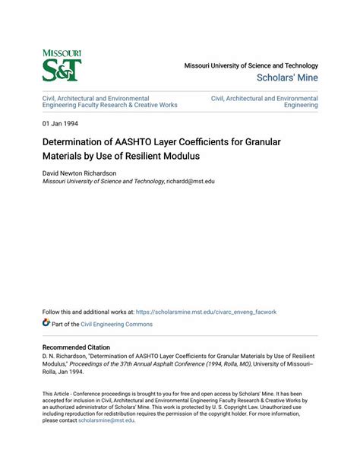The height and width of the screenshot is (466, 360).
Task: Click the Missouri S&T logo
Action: click(62, 65)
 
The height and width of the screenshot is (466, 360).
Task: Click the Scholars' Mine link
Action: click(287, 78)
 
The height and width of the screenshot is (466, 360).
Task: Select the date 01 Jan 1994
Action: click(60, 123)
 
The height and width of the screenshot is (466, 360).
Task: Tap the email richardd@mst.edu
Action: click(191, 182)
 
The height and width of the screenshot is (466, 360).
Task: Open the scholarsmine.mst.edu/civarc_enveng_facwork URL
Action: click(206, 312)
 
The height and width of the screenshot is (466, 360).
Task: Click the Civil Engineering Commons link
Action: click(112, 325)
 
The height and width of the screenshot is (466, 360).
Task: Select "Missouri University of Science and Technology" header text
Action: click(251, 65)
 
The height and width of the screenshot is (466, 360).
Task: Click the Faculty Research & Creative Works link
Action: click(129, 106)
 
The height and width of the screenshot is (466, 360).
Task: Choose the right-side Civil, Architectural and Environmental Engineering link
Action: click(264, 102)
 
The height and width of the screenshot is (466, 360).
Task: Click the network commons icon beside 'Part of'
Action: click(47, 324)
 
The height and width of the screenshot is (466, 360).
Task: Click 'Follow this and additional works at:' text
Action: click(88, 312)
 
